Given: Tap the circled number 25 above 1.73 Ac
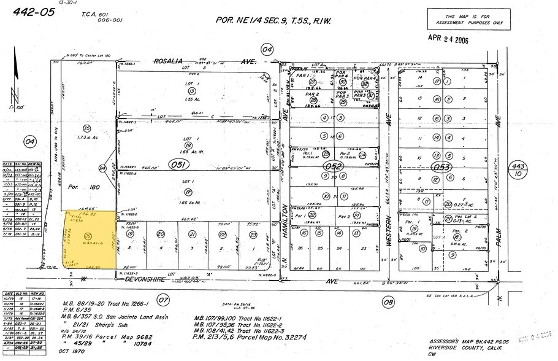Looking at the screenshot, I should pyautogui.click(x=87, y=127).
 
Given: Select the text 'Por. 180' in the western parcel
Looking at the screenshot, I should pyautogui.click(x=75, y=187).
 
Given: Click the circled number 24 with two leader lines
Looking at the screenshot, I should pyautogui.click(x=102, y=168).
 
